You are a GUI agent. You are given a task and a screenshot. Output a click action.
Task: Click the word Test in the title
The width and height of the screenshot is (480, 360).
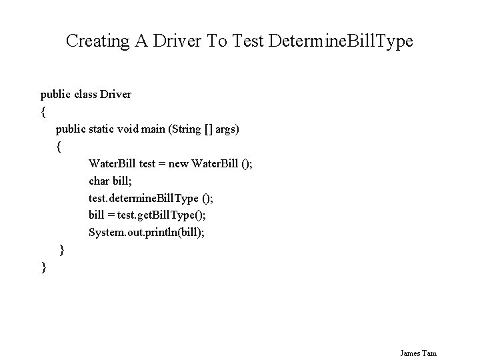point(247,41)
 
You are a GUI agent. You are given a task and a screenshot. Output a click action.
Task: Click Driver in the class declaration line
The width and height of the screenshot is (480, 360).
point(115,94)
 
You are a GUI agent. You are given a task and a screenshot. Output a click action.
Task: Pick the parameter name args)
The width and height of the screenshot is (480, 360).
point(226,129)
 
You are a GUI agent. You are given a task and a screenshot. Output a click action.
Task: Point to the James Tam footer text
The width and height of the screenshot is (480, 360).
point(419,353)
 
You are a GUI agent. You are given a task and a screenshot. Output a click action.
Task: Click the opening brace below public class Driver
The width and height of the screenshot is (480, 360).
point(43,111)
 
